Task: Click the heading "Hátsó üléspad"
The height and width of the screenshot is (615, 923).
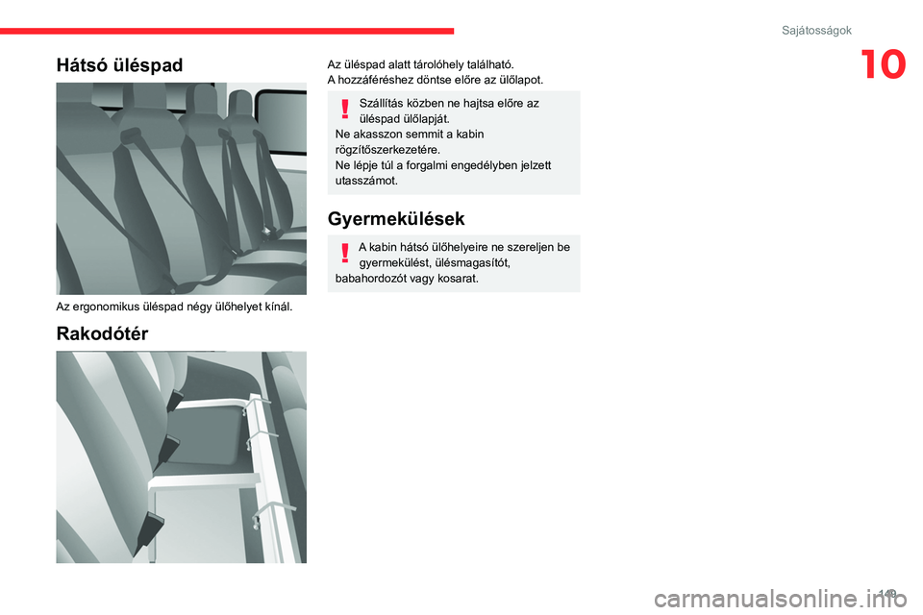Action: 119,65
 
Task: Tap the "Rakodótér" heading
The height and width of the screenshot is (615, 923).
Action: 102,333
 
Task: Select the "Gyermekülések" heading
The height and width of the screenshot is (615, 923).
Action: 396,218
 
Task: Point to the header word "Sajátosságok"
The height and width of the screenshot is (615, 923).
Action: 816,31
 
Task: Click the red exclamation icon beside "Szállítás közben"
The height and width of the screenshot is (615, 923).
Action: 343,109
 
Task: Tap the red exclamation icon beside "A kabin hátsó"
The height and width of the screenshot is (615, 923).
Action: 343,254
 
